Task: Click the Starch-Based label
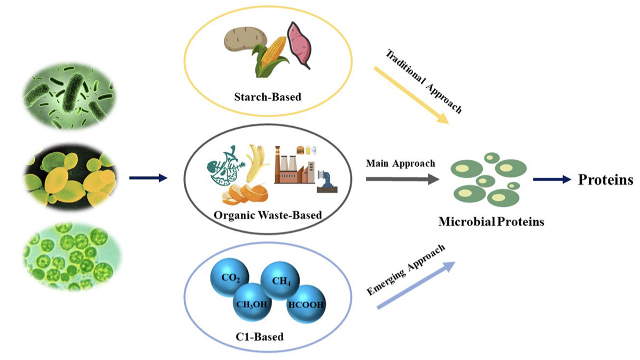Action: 267,97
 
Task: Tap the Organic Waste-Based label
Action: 267,215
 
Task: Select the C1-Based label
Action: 267,338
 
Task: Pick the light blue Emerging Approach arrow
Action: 417,285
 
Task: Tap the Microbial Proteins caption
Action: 491,221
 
